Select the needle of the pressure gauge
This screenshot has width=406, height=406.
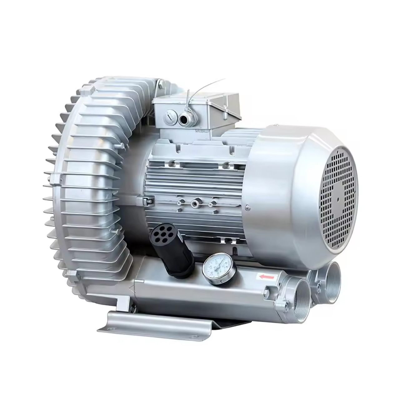point(220,264)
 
